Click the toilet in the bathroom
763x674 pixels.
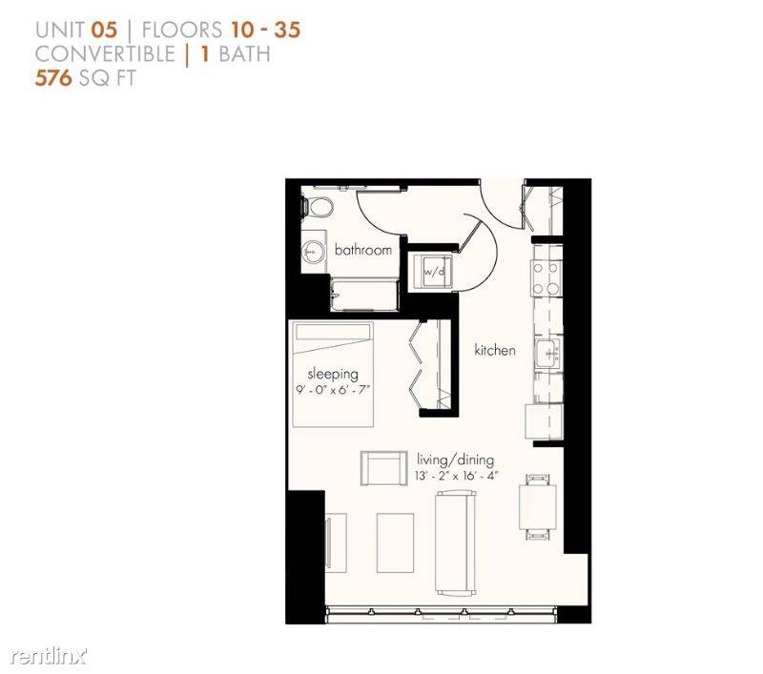[316, 207]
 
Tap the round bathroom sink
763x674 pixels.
[312, 252]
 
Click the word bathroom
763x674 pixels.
[363, 250]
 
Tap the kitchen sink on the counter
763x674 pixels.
[547, 353]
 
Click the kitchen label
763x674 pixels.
[495, 350]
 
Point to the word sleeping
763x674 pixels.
[332, 373]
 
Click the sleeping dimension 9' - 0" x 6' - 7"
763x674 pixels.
[332, 389]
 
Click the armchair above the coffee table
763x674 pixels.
[383, 469]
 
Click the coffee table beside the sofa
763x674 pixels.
[396, 542]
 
